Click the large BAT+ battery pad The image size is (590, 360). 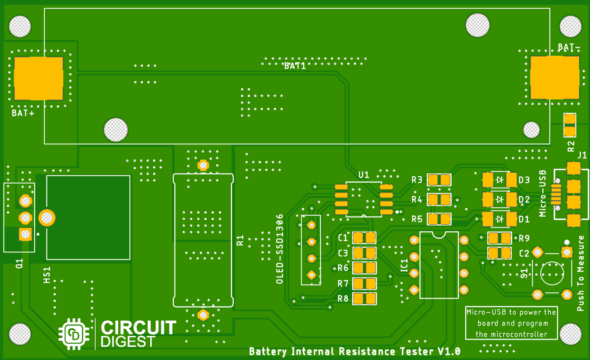(39, 78)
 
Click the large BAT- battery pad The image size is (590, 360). (555, 77)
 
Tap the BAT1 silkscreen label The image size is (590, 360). (295, 66)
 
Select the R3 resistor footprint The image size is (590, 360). (439, 180)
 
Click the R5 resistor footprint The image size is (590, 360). (439, 219)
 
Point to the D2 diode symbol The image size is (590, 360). (500, 199)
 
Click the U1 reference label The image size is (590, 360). (364, 174)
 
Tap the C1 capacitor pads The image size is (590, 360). (364, 238)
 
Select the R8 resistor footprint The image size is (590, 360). (364, 299)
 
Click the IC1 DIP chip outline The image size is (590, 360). (439, 265)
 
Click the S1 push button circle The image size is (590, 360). (552, 273)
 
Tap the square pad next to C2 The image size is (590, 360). (567, 252)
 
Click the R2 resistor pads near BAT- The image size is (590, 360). (570, 125)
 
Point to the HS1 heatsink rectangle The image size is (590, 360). (88, 217)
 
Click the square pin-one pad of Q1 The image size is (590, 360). (26, 235)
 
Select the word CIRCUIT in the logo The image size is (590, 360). (138, 327)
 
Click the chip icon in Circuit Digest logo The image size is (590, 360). (74, 334)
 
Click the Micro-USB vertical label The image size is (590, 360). (543, 193)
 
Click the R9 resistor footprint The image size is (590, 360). (500, 238)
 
